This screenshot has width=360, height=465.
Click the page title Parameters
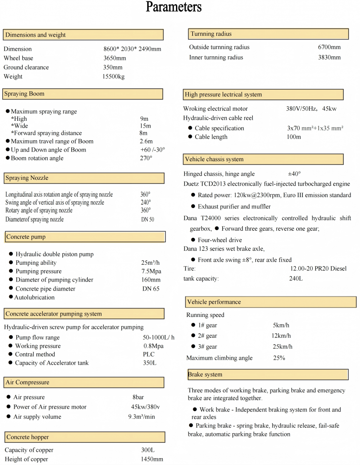pos(173,7)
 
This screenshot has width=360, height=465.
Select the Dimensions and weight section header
pos(83,35)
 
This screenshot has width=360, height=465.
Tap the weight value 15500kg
pos(113,77)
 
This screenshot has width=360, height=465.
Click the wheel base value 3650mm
pos(115,58)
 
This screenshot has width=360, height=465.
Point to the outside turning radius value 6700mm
pos(329,47)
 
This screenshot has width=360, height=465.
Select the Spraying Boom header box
pos(83,94)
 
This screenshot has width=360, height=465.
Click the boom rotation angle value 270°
pos(146,158)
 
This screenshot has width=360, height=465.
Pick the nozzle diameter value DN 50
pos(148,219)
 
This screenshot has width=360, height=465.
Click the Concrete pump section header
pos(85,237)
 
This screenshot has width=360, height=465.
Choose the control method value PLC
pos(149,354)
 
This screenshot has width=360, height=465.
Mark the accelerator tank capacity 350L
pos(150,363)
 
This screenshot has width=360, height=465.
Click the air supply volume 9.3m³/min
pos(141,417)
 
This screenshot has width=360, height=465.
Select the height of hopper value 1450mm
pos(152,459)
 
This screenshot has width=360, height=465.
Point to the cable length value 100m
pos(293,137)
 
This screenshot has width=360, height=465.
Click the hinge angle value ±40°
pos(294,174)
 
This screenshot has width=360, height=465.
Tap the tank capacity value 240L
pos(296,279)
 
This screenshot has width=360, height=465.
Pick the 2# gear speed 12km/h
pos(281,336)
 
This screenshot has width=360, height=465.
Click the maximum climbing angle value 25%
pos(279,358)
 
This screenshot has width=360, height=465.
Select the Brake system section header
pos(267,375)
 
